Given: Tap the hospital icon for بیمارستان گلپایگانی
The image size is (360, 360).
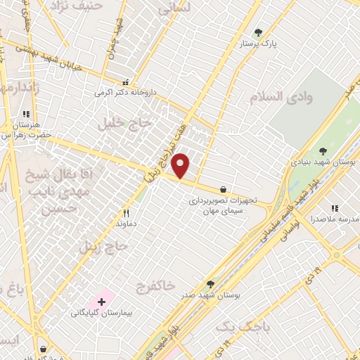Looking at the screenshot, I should [102, 302].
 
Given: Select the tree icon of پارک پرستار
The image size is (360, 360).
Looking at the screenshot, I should [258, 32].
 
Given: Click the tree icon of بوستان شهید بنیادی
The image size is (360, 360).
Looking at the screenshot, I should [323, 150].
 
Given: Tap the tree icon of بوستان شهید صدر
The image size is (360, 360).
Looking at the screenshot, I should [210, 284].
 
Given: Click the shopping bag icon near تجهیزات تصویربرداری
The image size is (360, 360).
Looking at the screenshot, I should [223, 189].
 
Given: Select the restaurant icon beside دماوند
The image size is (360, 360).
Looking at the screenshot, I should [127, 212].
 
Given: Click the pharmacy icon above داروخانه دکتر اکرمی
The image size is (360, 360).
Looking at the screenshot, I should [125, 82].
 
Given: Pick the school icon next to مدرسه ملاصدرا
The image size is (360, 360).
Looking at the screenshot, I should [335, 208].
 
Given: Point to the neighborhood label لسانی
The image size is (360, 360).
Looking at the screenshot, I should [174, 9].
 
